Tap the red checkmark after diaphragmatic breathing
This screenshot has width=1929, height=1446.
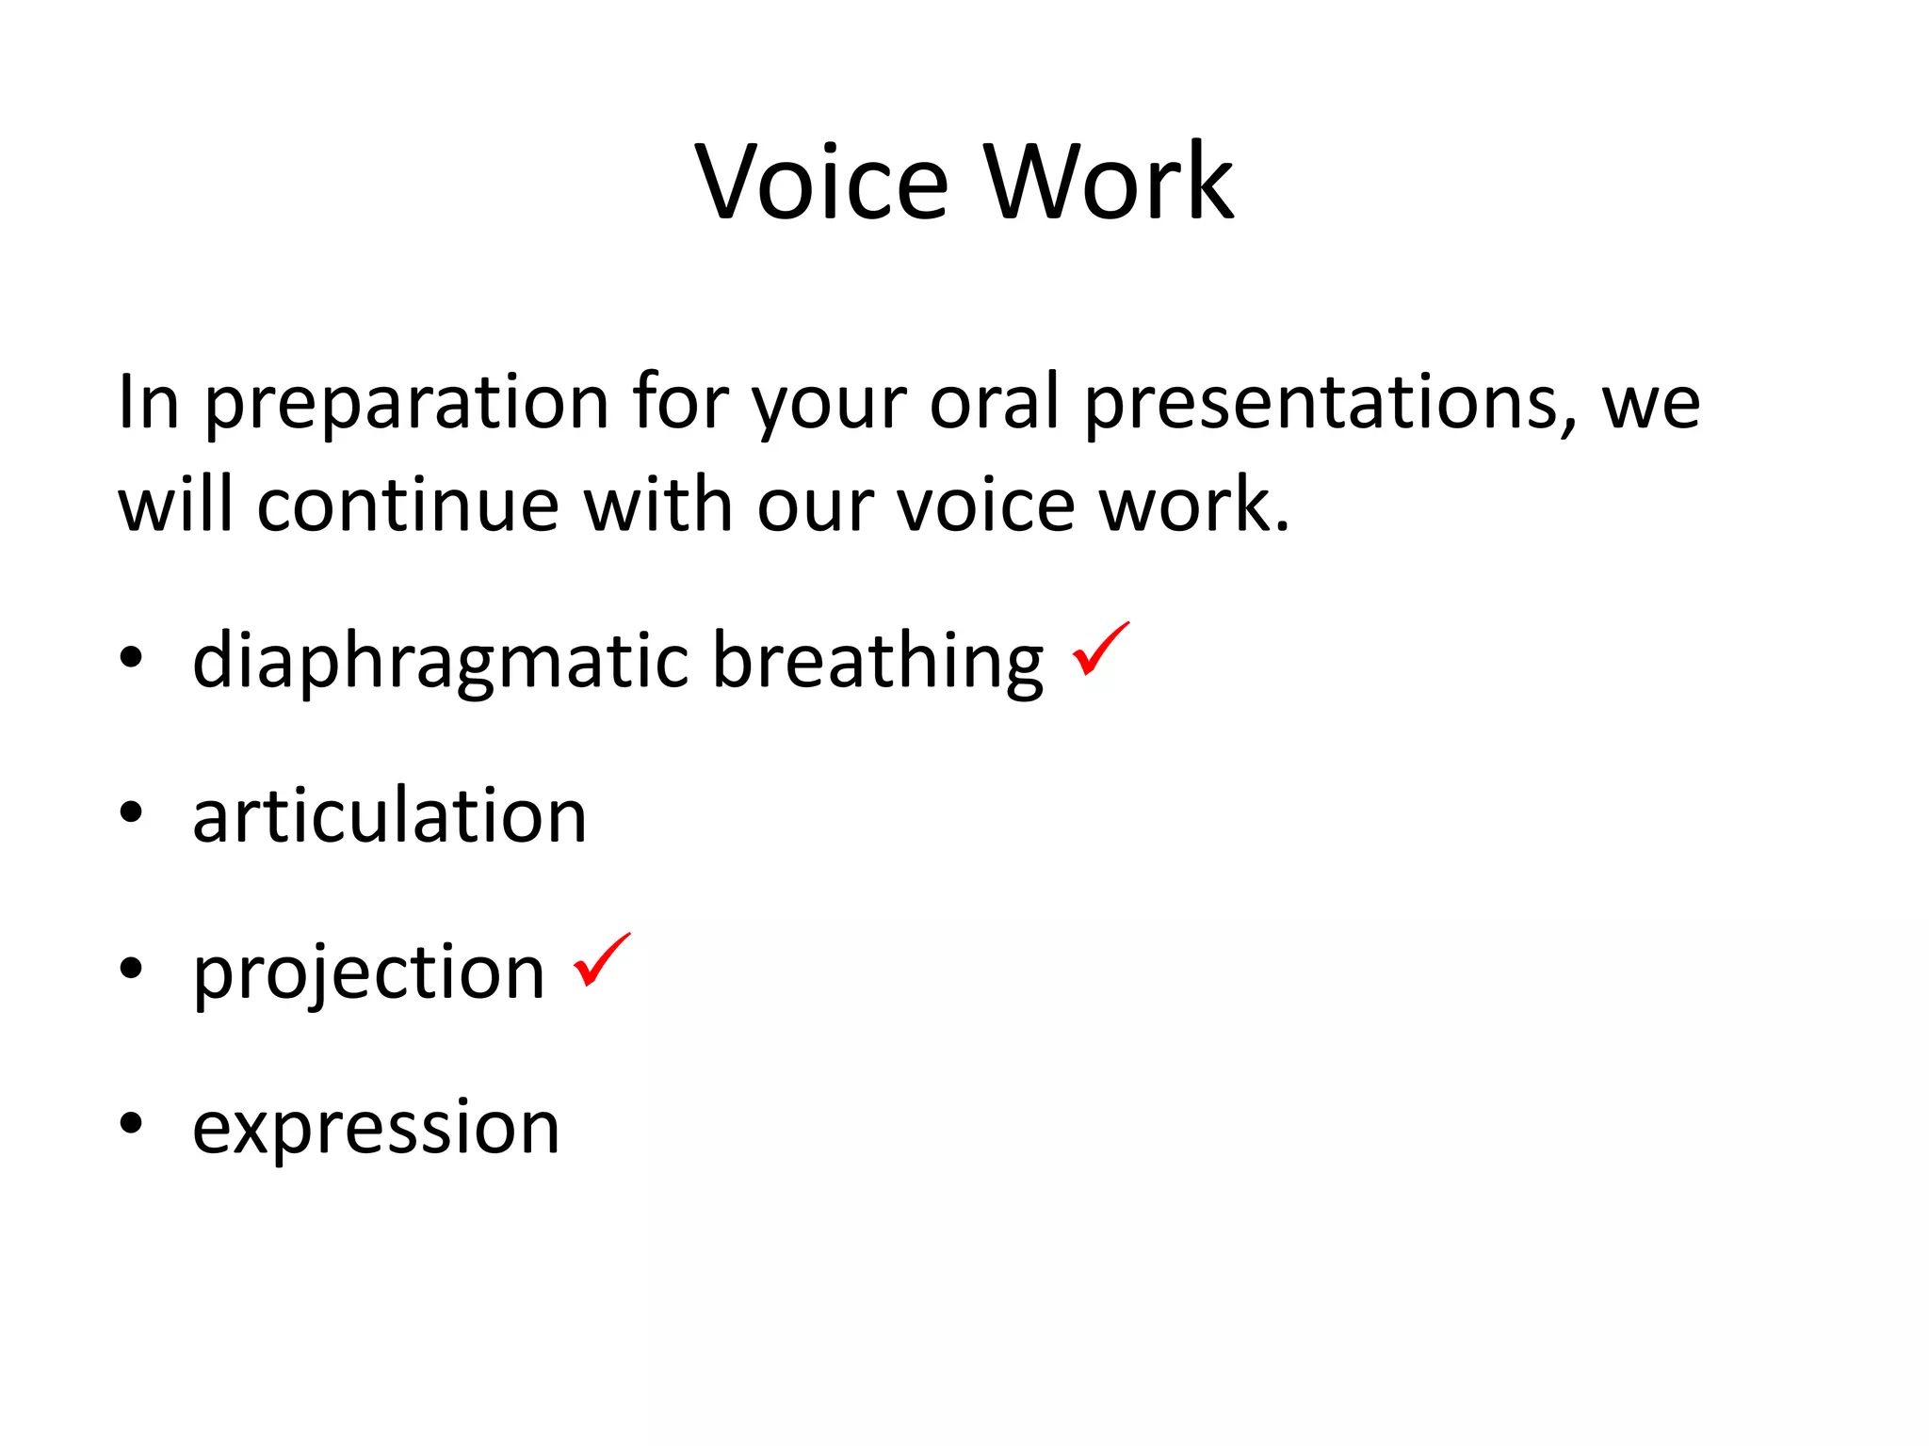click(1100, 650)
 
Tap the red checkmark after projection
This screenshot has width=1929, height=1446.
click(602, 960)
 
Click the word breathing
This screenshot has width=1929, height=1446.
click(877, 659)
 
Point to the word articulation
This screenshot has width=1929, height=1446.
click(390, 815)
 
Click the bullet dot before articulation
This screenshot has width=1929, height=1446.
click(131, 812)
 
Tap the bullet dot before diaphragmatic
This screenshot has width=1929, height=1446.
click(131, 657)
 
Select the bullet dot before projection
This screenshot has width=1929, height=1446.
click(131, 968)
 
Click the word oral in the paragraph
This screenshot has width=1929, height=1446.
click(996, 403)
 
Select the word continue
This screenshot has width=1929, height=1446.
click(408, 506)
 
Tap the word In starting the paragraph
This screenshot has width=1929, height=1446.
click(148, 403)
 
